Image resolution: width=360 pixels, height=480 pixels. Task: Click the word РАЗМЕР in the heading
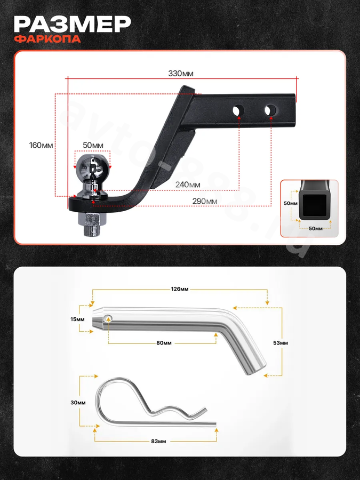(72, 25)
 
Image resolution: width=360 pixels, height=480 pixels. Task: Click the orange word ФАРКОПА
(47, 39)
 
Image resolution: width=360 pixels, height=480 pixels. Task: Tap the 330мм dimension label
(181, 74)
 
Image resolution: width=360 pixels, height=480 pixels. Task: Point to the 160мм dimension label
(41, 145)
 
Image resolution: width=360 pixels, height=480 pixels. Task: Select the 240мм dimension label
(188, 185)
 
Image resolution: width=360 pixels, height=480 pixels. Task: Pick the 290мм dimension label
(205, 202)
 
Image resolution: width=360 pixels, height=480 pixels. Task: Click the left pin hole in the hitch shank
(238, 110)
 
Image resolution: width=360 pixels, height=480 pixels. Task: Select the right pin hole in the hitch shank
(270, 110)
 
